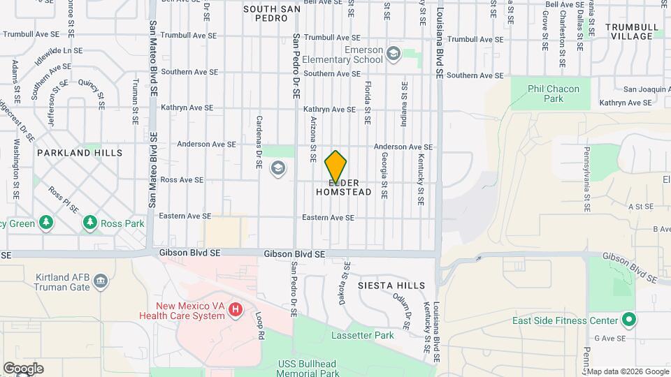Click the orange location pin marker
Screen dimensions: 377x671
(336, 167)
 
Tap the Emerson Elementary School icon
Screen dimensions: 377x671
(394, 54)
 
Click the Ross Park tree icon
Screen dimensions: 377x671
(89, 223)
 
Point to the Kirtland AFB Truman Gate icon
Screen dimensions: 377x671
(101, 281)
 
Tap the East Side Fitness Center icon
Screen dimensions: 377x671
(629, 320)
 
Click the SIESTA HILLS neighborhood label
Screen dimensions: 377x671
(391, 286)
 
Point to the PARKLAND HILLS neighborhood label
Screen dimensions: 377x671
(80, 152)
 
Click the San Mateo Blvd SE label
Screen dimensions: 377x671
(152, 168)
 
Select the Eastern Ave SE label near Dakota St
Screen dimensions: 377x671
(329, 218)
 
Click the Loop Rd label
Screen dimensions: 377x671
(259, 325)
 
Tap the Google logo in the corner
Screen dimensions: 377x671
(22, 368)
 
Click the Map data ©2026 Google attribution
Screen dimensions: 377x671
(628, 371)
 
